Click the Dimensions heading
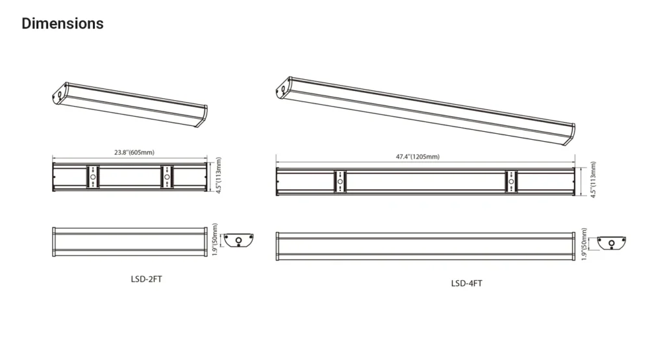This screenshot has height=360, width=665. [x=62, y=23]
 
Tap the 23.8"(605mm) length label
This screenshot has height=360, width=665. [x=134, y=153]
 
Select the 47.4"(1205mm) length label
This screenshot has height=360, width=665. [x=418, y=157]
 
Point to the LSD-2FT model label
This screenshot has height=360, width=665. [x=146, y=279]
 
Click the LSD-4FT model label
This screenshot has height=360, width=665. [x=466, y=283]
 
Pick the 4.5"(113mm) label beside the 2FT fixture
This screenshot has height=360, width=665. [x=219, y=175]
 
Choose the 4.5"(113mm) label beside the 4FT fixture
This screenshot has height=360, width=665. [x=593, y=179]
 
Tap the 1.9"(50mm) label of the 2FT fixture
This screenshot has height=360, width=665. [x=214, y=240]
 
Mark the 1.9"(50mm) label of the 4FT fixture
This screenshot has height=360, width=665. [x=584, y=244]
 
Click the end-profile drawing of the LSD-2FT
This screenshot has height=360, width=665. [x=238, y=240]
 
